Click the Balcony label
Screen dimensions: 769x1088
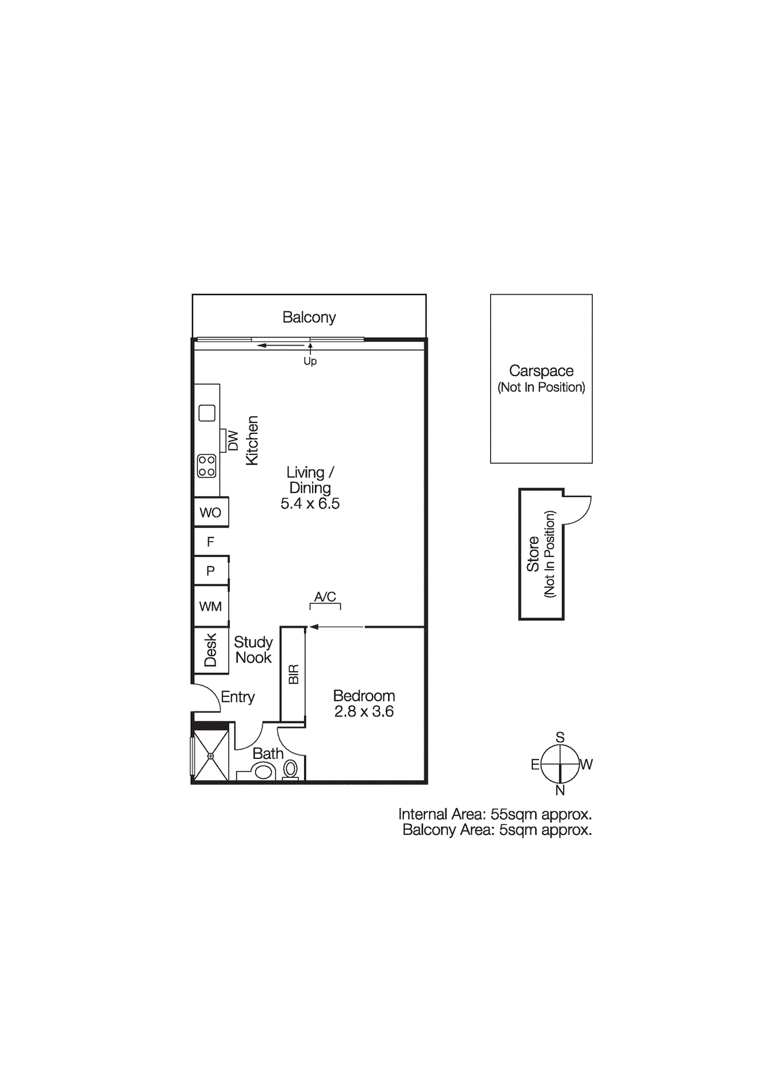pyautogui.click(x=309, y=317)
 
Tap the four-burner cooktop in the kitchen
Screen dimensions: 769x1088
pyautogui.click(x=207, y=466)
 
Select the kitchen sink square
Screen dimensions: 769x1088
pyautogui.click(x=207, y=413)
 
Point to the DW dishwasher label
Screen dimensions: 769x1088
pyautogui.click(x=233, y=441)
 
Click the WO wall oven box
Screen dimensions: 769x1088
pyautogui.click(x=211, y=512)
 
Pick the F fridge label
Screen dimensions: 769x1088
pyautogui.click(x=210, y=541)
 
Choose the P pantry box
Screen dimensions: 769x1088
pyautogui.click(x=211, y=571)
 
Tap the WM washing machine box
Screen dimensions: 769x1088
pyautogui.click(x=211, y=606)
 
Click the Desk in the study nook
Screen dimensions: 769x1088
pyautogui.click(x=211, y=650)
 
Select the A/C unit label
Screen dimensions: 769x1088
pyautogui.click(x=325, y=596)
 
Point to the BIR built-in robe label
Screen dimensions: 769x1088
pyautogui.click(x=294, y=674)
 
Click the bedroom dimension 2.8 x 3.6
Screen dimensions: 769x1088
pyautogui.click(x=364, y=711)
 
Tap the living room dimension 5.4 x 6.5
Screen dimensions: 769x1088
pyautogui.click(x=310, y=504)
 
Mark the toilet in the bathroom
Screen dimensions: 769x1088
pyautogui.click(x=290, y=769)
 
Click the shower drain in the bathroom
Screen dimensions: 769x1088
pyautogui.click(x=211, y=756)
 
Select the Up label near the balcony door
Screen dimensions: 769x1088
pyautogui.click(x=310, y=361)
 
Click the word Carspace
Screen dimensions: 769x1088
pyautogui.click(x=541, y=371)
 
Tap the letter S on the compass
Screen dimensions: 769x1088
pyautogui.click(x=560, y=737)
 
